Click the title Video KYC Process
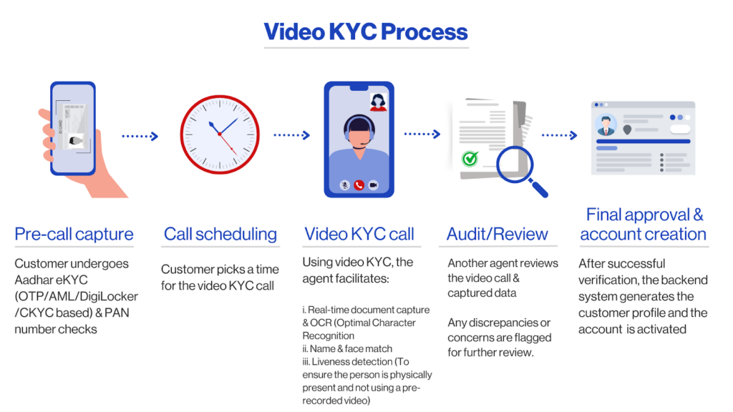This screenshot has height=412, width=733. pos(366,32)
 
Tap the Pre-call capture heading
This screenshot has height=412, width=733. pos(74,234)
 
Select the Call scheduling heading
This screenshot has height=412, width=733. pos(220,234)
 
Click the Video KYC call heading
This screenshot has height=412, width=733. pos(359,234)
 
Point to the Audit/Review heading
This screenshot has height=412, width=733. pos(497,234)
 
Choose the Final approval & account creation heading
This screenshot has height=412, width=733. pos(643,224)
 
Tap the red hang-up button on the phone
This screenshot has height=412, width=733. pos(359,185)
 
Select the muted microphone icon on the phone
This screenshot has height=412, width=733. pos(345,185)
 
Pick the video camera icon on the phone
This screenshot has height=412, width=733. pos(372,185)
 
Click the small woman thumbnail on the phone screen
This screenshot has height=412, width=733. pos(377,102)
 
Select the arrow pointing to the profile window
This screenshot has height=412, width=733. pos(559,134)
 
